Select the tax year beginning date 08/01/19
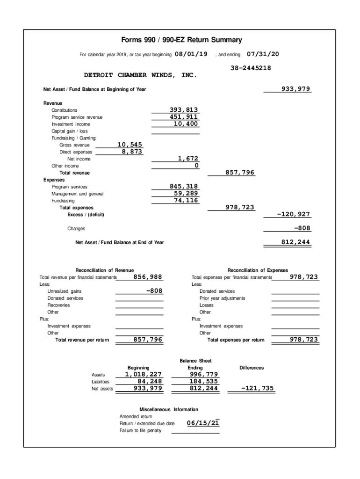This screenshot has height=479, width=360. [x=191, y=54]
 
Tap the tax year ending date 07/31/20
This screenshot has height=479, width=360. [x=262, y=54]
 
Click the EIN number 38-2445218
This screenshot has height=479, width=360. [x=251, y=68]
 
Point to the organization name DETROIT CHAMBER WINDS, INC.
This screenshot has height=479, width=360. [x=140, y=75]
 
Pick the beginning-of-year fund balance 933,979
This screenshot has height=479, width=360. [x=295, y=89]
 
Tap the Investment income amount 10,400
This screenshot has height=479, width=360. [x=186, y=124]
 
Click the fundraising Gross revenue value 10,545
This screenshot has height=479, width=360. [x=130, y=145]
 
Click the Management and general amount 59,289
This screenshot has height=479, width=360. [x=186, y=193]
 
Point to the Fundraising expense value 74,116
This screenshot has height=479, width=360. [x=186, y=200]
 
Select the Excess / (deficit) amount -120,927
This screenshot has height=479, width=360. [x=294, y=214]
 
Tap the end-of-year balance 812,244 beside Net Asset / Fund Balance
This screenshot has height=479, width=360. [x=295, y=242]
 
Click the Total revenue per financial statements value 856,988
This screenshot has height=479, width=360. [x=148, y=277]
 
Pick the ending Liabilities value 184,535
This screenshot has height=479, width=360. [x=203, y=381]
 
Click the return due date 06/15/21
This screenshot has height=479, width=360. [x=203, y=423]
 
